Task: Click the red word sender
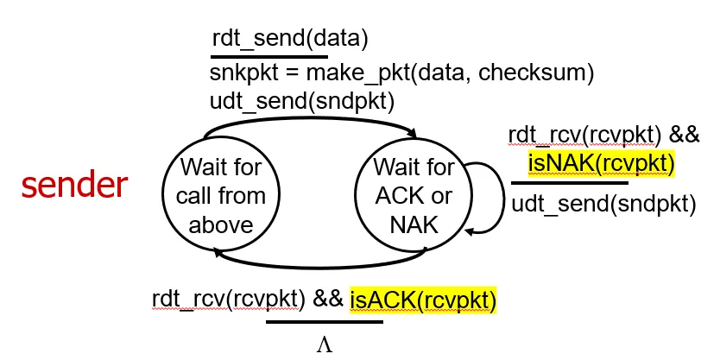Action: point(74,186)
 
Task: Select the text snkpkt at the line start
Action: point(237,74)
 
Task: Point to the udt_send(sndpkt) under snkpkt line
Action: point(302,102)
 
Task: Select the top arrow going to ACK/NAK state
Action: point(311,121)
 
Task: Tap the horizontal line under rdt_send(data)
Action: point(268,55)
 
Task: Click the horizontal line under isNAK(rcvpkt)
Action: point(569,183)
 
